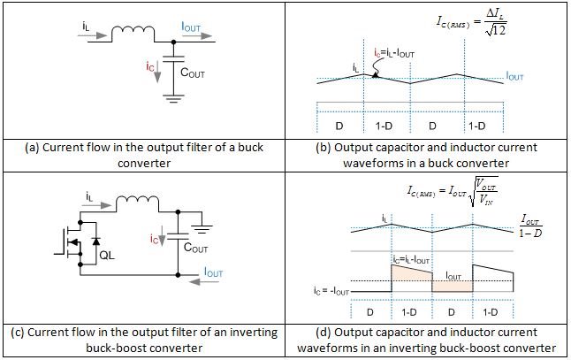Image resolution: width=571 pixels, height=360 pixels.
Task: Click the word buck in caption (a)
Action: point(263,148)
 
